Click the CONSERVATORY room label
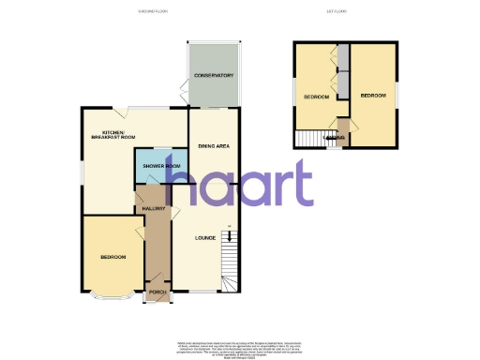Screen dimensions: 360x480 point(214,75)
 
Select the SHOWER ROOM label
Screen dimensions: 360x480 point(160,165)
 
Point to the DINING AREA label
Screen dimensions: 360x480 point(214,146)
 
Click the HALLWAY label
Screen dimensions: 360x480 point(154,208)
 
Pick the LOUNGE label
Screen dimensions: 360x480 point(205,237)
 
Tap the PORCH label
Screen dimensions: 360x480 point(157,292)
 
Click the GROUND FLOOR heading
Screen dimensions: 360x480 point(151,11)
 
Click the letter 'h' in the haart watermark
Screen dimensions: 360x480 point(194,183)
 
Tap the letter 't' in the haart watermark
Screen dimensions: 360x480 point(302,183)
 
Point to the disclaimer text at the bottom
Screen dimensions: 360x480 point(240,348)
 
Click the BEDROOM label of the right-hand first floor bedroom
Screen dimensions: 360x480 point(373,95)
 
